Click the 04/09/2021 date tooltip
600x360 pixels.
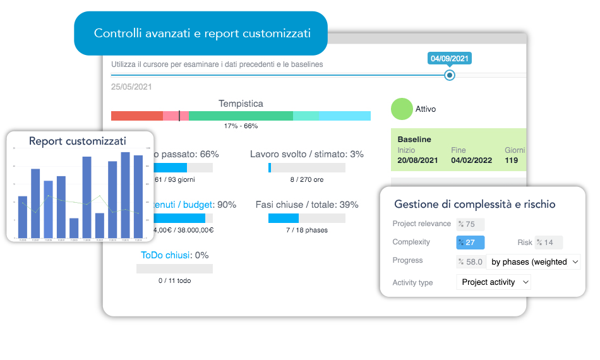click(449, 59)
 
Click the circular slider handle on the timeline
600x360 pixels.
click(449, 75)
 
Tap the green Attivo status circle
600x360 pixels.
click(402, 109)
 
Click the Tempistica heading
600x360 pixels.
click(241, 104)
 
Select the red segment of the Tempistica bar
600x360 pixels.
click(136, 116)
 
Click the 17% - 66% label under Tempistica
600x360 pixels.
click(241, 126)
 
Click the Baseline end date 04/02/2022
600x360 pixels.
click(471, 160)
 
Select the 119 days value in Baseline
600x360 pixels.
click(512, 160)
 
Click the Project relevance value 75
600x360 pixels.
click(470, 224)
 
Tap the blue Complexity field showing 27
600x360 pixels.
click(470, 243)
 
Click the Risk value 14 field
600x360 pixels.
click(548, 243)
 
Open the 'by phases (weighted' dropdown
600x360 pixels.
click(534, 261)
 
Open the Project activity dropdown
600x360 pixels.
click(493, 282)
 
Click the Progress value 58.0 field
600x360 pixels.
click(470, 261)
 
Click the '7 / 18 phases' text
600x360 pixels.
click(307, 230)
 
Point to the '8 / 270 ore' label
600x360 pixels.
click(307, 179)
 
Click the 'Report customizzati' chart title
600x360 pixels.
click(78, 141)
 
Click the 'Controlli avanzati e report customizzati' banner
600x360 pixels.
click(201, 33)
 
